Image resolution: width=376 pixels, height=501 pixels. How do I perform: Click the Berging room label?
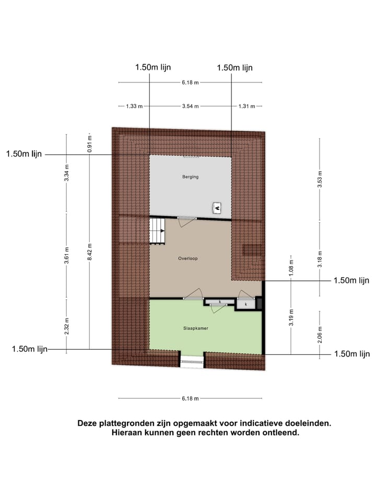[x=191, y=177]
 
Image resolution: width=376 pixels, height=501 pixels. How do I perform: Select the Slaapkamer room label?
[x=196, y=328]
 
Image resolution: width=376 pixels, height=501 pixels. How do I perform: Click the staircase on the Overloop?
[x=158, y=231]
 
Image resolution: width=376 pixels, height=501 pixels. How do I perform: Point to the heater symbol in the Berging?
[x=217, y=208]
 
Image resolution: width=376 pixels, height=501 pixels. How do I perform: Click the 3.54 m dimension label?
[x=190, y=106]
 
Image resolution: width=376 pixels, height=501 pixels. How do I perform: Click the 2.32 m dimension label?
[x=66, y=326]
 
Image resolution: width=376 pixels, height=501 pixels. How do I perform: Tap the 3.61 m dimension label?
[x=66, y=255]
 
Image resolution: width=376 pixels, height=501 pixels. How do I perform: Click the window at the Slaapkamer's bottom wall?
[x=191, y=361]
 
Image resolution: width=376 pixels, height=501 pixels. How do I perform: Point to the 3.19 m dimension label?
[x=291, y=317]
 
